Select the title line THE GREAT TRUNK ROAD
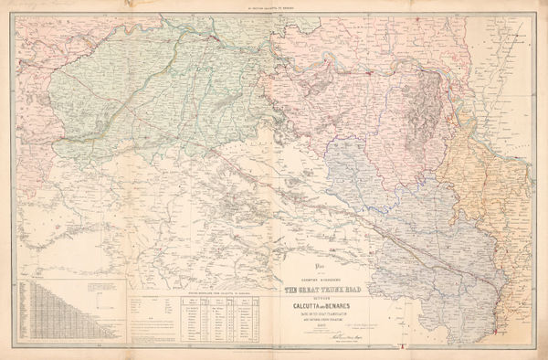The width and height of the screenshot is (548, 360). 318,290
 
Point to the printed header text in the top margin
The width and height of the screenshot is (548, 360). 274,5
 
